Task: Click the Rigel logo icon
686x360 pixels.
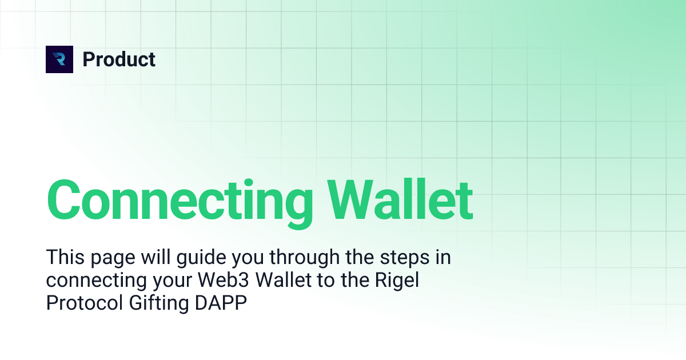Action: click(59, 59)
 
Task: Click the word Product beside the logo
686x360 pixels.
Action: click(119, 59)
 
